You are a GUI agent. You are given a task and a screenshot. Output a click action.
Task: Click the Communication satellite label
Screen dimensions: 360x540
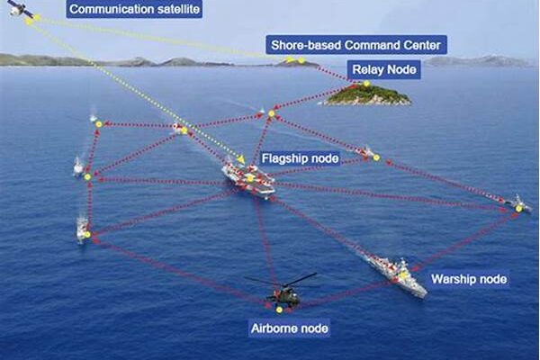[x=134, y=10]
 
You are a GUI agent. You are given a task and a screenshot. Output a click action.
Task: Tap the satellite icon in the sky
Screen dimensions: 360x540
[x=19, y=10]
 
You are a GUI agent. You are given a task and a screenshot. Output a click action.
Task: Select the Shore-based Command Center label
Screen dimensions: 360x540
[x=356, y=44]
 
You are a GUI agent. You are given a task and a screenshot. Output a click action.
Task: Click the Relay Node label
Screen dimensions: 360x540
[x=385, y=68]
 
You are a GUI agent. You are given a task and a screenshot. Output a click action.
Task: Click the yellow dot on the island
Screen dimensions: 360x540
[x=366, y=84]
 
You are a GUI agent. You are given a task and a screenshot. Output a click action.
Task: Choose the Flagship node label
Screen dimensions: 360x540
[x=300, y=158]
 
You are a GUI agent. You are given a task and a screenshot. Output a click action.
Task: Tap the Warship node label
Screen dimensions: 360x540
[x=469, y=279]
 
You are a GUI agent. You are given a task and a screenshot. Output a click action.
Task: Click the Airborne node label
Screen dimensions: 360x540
[x=288, y=328]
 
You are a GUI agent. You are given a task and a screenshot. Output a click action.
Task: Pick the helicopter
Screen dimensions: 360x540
[x=284, y=292]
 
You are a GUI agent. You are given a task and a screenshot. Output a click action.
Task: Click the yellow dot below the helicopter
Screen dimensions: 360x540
[x=280, y=309]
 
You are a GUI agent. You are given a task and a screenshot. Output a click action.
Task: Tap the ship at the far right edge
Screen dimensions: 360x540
[x=517, y=205]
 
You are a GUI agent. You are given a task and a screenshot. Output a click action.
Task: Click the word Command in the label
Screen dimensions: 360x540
[x=370, y=44]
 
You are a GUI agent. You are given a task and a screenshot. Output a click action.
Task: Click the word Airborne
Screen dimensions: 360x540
[x=272, y=328]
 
